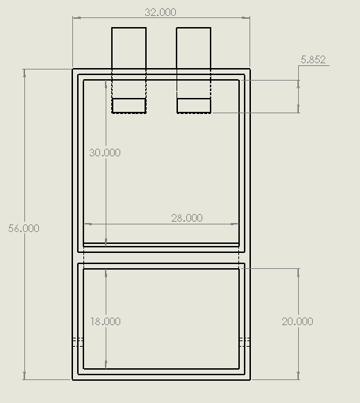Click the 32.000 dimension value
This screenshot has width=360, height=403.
coord(161,12)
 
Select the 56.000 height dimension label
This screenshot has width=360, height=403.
coord(23,228)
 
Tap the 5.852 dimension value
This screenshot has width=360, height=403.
coord(313,60)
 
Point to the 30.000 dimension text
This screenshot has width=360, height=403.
coord(105,152)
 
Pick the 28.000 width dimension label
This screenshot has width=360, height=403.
coord(186,217)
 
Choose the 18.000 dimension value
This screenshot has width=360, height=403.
coord(105,321)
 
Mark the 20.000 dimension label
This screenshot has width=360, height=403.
coord(297,321)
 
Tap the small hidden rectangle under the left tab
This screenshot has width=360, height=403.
coord(129,106)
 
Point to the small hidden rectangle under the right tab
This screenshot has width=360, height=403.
coord(194,106)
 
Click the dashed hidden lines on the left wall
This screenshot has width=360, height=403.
coord(78,341)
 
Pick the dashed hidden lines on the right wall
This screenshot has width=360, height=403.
coord(244,341)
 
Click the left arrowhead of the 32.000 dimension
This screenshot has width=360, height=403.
coord(76,18)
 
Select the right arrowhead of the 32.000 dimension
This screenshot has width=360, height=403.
coord(247,18)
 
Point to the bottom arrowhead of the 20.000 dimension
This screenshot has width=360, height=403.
coord(298,377)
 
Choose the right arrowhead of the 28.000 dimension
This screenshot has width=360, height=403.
coord(236,224)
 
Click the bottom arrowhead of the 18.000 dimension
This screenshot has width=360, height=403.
coord(106,365)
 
